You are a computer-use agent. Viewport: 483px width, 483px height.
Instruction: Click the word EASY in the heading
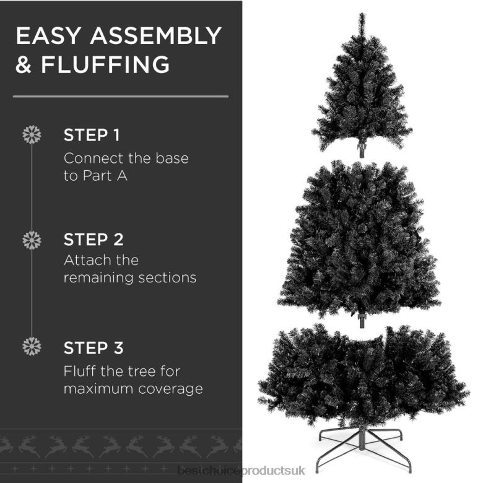tap(48, 36)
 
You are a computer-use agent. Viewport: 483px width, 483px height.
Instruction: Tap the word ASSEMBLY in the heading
tap(155, 36)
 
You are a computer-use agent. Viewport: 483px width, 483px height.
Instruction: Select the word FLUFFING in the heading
tap(105, 65)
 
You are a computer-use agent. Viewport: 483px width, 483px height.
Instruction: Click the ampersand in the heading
tap(24, 65)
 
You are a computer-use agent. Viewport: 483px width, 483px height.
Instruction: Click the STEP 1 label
tap(92, 135)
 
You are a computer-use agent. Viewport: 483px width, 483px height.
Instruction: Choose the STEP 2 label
tap(94, 240)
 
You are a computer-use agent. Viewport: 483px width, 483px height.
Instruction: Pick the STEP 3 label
tap(94, 348)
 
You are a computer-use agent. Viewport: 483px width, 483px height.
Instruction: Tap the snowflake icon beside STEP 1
tap(32, 135)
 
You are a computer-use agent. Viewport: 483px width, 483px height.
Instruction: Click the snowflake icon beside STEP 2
tap(32, 240)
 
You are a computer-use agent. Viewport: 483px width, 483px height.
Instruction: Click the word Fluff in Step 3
tap(77, 372)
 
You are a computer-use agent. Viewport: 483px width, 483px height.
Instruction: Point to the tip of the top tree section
tap(362, 15)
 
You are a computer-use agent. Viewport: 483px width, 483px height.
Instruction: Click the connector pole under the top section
tap(362, 149)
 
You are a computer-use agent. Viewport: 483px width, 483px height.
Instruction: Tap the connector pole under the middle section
tap(362, 320)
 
